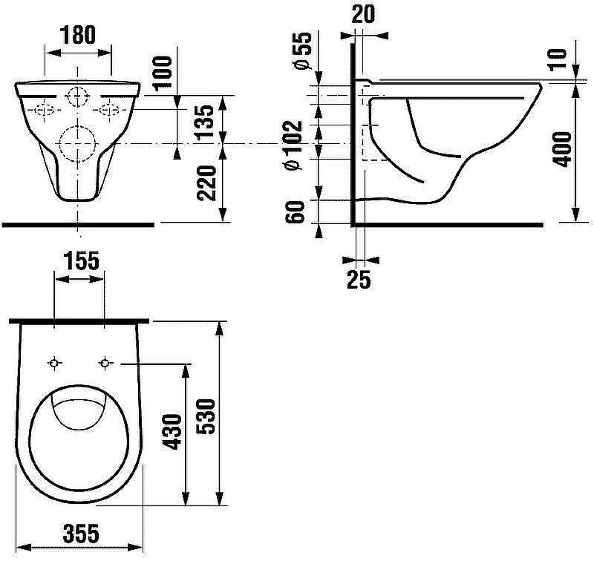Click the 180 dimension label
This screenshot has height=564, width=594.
[x=78, y=35]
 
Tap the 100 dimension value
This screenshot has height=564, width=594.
[x=163, y=73]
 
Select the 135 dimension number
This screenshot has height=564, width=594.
[x=205, y=122]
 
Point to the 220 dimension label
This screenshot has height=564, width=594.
[x=206, y=183]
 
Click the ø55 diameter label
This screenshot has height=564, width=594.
[x=303, y=51]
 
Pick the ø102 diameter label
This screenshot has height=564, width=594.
[x=293, y=145]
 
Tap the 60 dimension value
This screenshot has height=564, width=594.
[x=295, y=212]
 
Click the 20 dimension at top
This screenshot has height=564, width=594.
[x=363, y=14]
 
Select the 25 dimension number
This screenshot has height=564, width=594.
[x=359, y=280]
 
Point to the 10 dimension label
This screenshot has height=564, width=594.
[x=558, y=59]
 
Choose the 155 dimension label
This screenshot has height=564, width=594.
[x=81, y=260]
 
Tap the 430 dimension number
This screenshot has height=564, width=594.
[x=172, y=432]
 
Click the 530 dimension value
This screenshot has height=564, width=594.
[x=206, y=416]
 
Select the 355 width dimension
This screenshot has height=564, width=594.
[x=81, y=534]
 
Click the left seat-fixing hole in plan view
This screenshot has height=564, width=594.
[x=54, y=364]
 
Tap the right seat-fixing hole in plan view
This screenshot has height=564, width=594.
[x=105, y=364]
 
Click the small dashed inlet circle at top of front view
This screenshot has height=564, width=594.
[x=66, y=96]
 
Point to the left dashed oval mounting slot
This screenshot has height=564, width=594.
[x=45, y=105]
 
